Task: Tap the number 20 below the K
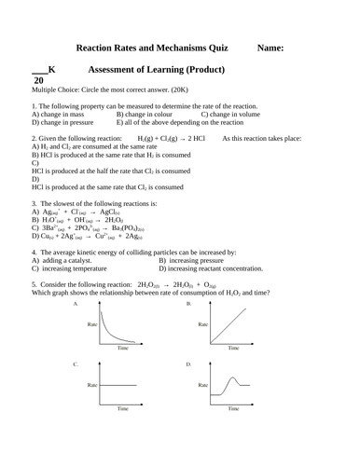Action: [38, 81]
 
